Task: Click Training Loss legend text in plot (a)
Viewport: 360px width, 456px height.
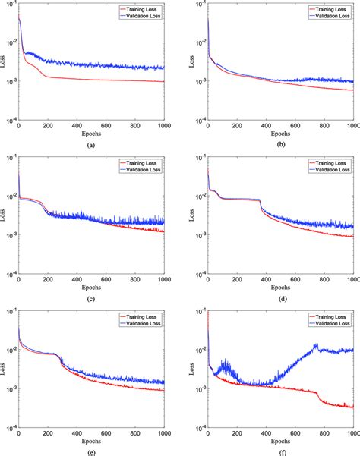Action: point(142,10)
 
